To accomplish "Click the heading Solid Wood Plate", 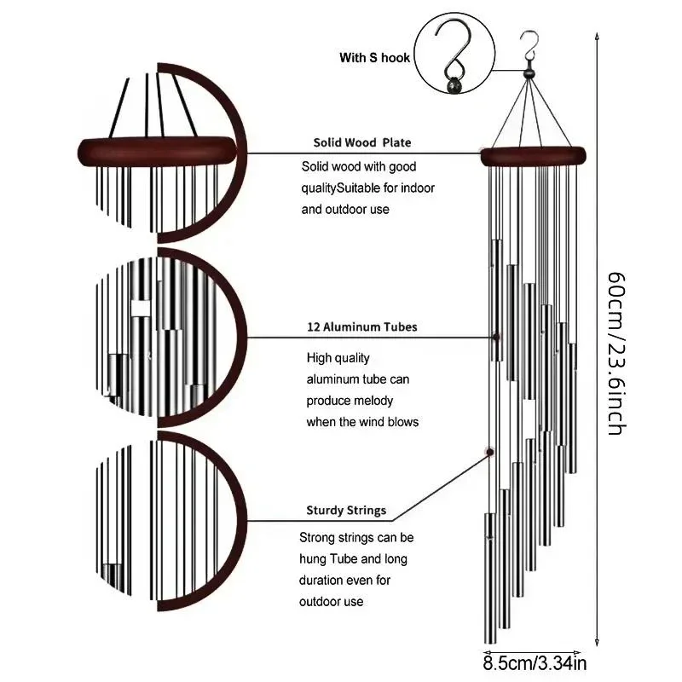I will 361,142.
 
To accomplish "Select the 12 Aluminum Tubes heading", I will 362,327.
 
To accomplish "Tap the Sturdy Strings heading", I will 346,511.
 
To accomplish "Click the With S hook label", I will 374,58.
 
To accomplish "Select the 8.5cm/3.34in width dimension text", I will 535,661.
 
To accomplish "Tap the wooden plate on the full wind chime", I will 535,156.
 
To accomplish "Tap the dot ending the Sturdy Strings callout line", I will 489,451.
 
